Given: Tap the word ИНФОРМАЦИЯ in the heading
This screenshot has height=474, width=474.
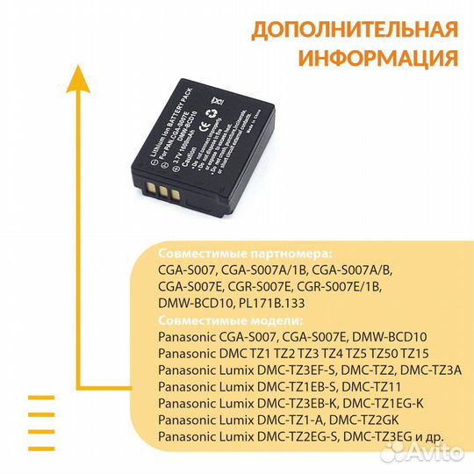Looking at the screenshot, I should click(377, 58).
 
